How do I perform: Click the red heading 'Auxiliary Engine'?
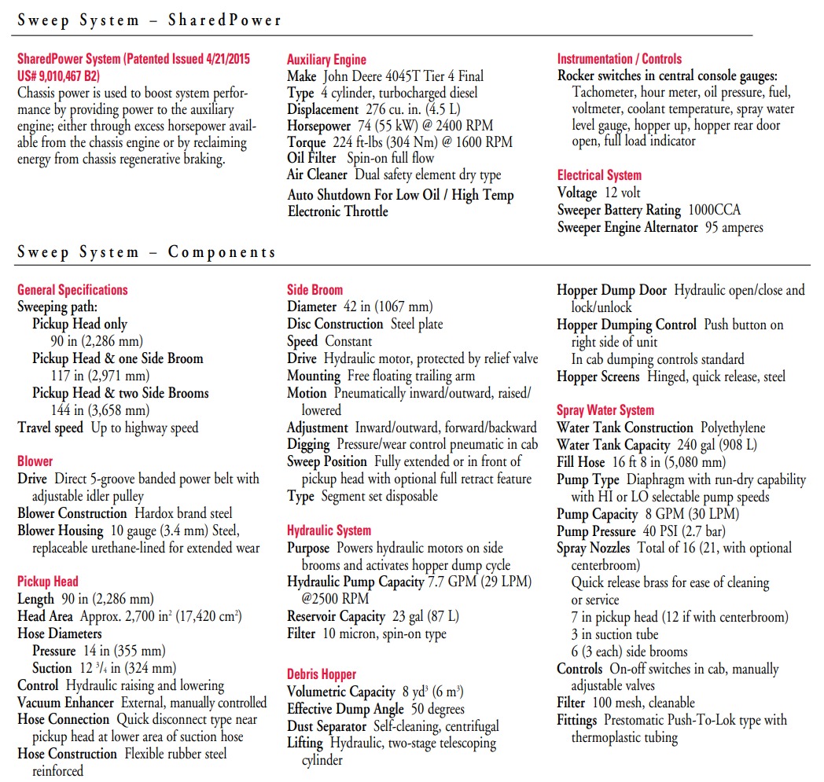(x=326, y=59)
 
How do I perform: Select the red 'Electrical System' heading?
(x=599, y=175)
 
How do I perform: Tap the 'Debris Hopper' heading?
(x=322, y=674)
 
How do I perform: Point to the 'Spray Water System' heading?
(x=605, y=410)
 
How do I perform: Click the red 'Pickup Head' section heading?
(x=48, y=582)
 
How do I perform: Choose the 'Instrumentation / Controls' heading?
(x=620, y=59)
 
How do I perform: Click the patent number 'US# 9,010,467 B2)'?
(x=58, y=76)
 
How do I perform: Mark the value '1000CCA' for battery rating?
(x=714, y=210)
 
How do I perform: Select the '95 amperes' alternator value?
(x=734, y=227)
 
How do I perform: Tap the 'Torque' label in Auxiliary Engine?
(x=306, y=142)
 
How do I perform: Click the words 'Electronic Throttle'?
(x=338, y=211)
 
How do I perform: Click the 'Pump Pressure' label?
(x=596, y=531)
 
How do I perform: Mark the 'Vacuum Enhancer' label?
(x=67, y=703)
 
